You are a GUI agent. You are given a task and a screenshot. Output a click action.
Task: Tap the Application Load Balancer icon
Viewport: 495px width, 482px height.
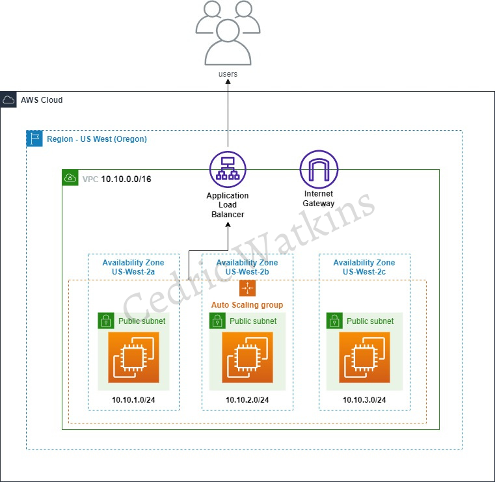(x=228, y=168)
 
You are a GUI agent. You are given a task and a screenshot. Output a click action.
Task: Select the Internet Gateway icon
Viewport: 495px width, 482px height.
(x=319, y=169)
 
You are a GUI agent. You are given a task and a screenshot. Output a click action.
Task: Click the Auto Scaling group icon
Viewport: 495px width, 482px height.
(x=247, y=288)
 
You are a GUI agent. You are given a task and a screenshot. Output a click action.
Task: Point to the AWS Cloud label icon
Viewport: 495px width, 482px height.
(x=9, y=100)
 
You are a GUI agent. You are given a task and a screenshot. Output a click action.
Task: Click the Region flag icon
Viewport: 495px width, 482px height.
(x=34, y=139)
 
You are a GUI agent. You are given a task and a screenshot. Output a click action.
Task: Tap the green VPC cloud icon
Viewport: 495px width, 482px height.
(x=70, y=178)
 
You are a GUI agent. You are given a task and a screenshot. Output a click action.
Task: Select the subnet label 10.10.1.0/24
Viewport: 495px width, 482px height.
(x=133, y=399)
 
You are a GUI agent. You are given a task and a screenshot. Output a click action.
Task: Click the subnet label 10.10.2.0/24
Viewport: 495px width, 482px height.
(x=247, y=399)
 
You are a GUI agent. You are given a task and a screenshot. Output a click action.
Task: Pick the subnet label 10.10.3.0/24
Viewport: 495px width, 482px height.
(x=364, y=399)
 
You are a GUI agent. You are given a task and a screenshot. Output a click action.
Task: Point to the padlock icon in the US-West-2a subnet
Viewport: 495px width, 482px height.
(x=106, y=321)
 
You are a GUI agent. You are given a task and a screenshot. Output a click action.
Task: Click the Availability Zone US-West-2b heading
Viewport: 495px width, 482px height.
(x=247, y=267)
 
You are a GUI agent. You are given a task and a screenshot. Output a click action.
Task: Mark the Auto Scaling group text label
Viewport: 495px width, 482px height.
(x=247, y=304)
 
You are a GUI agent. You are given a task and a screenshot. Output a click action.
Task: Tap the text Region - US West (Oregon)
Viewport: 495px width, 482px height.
(x=97, y=139)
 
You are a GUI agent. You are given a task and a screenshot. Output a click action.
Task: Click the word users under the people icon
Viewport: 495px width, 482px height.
(x=228, y=74)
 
